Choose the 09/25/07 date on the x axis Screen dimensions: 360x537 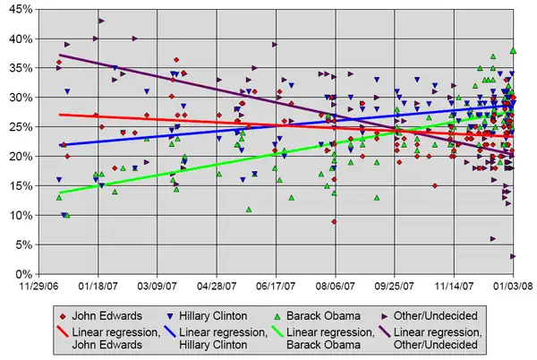point(395,287)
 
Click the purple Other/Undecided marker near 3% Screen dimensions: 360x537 point(513,256)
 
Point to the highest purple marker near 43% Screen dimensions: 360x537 point(101,21)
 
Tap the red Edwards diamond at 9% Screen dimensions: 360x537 point(334,221)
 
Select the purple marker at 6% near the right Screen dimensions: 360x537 point(492,239)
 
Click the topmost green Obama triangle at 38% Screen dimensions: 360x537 point(513,51)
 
